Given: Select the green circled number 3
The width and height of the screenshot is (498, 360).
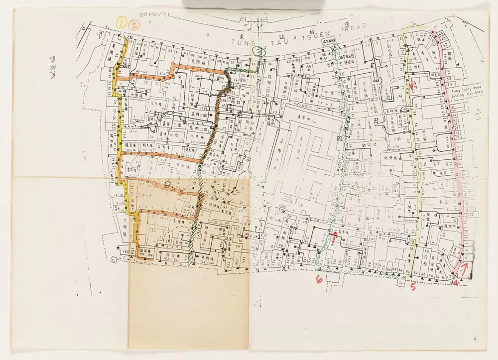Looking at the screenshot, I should coord(259,51).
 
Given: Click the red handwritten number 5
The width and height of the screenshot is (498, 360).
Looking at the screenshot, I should coord(413,286).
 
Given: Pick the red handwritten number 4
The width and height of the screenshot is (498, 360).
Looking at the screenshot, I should coord(456,283).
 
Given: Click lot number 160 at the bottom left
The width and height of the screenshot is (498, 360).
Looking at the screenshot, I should coord(125,252).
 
